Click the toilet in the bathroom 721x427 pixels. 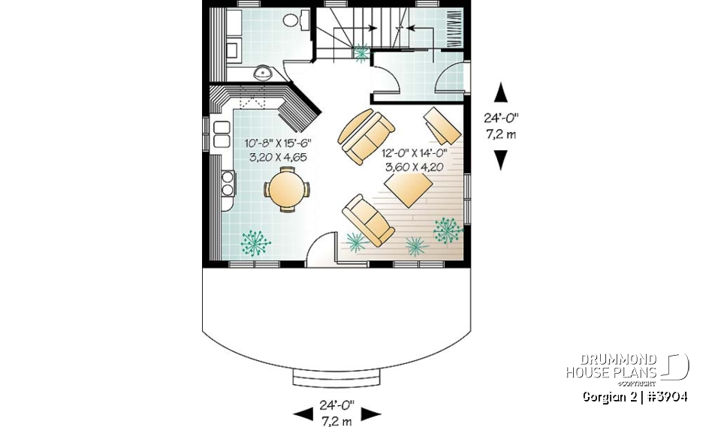pyautogui.click(x=303, y=20)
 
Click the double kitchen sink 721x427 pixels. pyautogui.click(x=222, y=134)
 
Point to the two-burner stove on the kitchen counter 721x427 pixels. pyautogui.click(x=227, y=182)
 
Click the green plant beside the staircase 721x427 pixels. pyautogui.click(x=362, y=52)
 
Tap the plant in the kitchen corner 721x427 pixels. pyautogui.click(x=255, y=242)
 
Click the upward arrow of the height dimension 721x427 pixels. pyautogui.click(x=501, y=93)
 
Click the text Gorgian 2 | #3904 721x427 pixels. pyautogui.click(x=635, y=397)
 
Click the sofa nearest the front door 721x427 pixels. pyautogui.click(x=368, y=218)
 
